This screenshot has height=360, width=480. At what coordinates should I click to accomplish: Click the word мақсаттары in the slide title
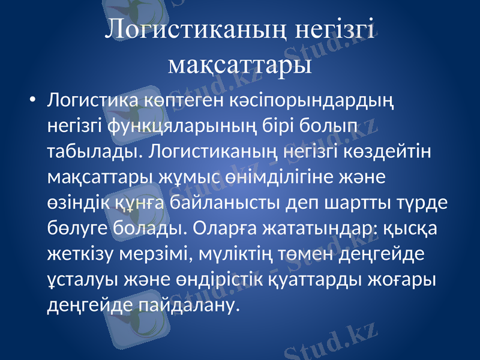[240, 62]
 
